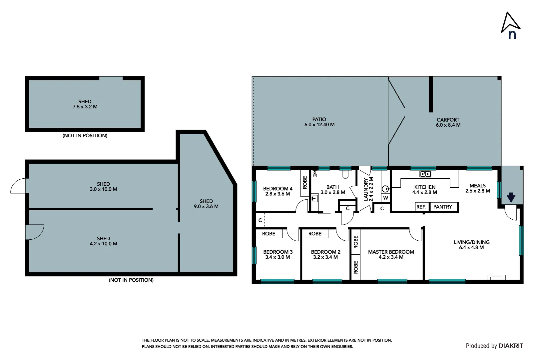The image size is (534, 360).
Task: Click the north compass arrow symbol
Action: (x=510, y=23)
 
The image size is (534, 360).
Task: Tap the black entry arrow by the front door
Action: (x=511, y=198)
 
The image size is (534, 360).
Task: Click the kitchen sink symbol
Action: (x=425, y=174)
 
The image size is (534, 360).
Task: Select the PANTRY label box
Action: (x=443, y=207)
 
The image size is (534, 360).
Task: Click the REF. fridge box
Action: (x=421, y=207)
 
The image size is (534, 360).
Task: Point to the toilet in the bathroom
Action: (x=345, y=174)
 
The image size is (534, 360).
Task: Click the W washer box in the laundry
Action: (x=385, y=198)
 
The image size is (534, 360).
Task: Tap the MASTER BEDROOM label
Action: (x=391, y=252)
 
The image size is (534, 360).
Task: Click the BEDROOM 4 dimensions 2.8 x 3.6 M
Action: (x=277, y=194)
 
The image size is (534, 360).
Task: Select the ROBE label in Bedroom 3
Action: (x=269, y=234)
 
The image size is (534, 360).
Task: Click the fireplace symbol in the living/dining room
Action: (x=496, y=277)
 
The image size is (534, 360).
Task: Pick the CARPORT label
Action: (x=448, y=120)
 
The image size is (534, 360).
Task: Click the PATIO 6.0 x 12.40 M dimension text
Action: (x=319, y=125)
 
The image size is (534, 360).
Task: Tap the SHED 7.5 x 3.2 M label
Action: (x=85, y=104)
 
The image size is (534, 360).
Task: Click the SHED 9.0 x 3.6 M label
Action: (x=206, y=204)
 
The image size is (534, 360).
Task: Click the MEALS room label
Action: (x=477, y=186)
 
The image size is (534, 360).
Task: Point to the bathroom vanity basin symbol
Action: (x=314, y=199)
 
